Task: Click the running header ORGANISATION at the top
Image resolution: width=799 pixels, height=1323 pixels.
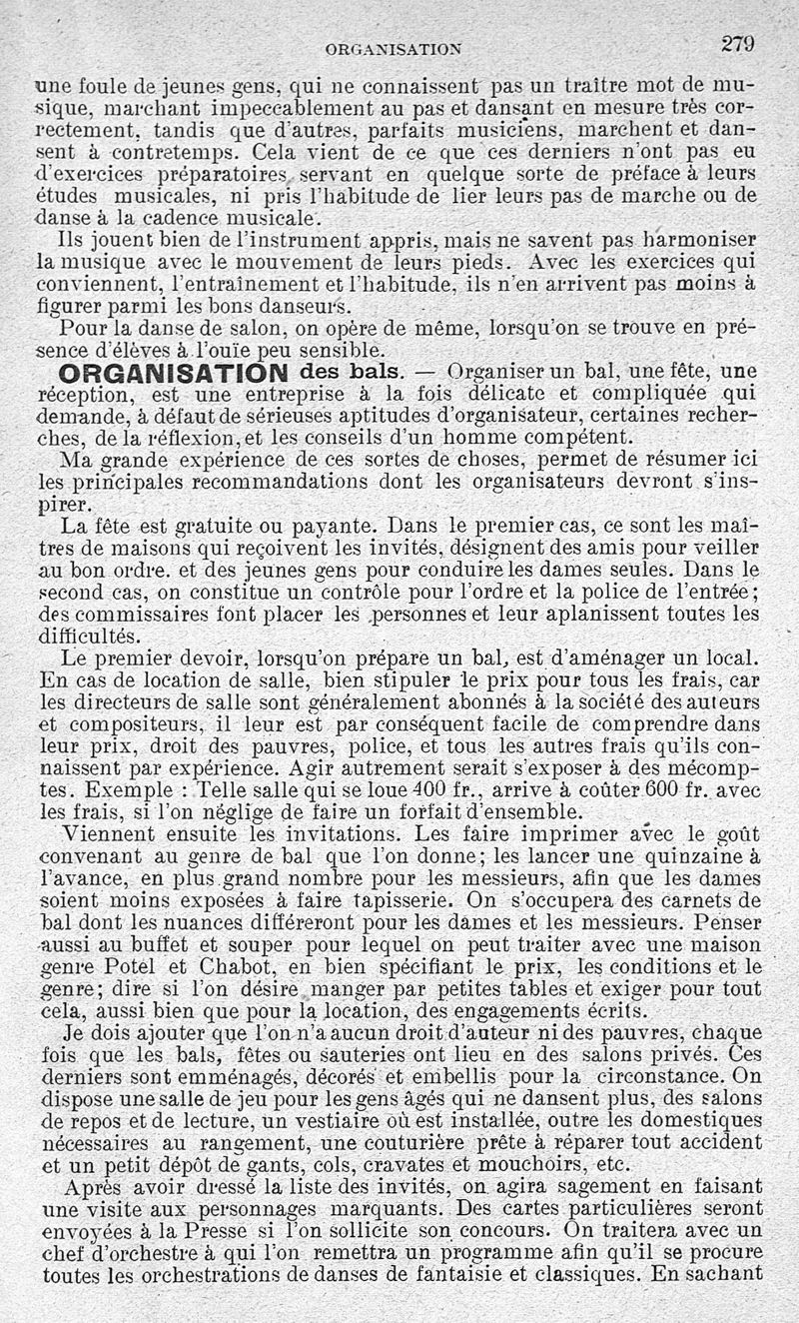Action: point(393,47)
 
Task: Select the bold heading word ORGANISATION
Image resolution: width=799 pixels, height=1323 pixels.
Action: point(174,373)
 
